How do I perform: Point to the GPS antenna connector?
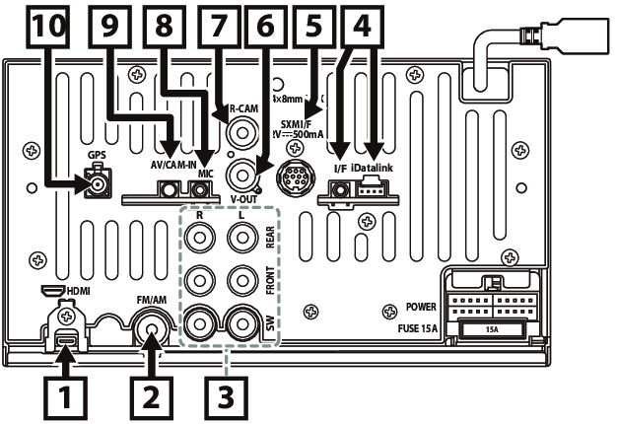(97, 183)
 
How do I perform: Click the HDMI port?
(67, 345)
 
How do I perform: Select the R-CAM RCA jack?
(239, 131)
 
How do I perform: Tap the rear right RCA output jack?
(201, 238)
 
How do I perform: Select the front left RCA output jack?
(240, 280)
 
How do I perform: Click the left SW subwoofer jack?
(201, 321)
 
